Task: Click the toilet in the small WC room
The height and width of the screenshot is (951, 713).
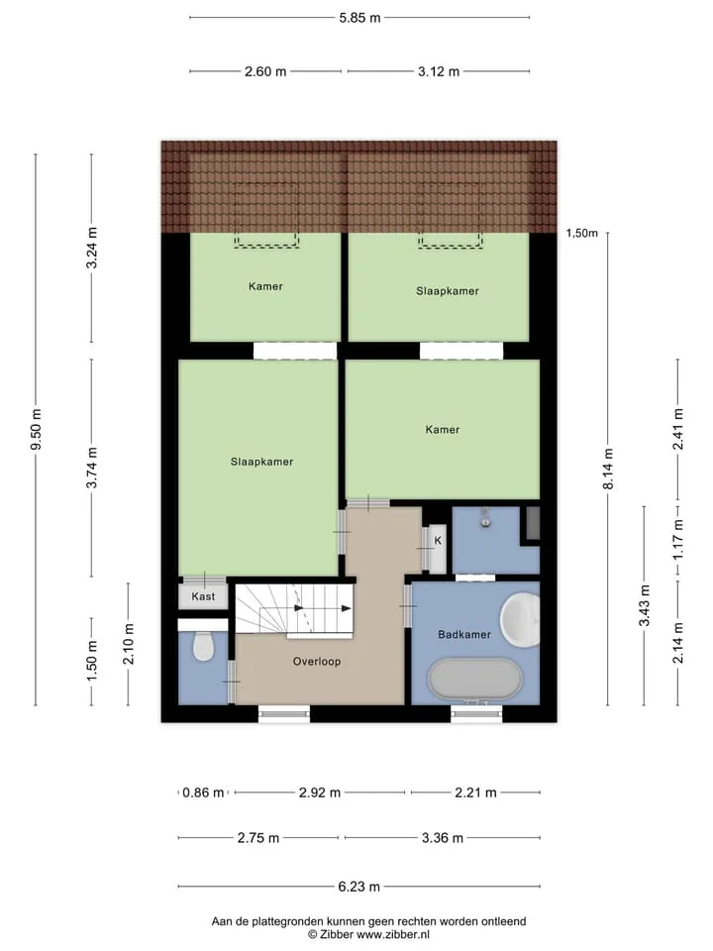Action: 203,646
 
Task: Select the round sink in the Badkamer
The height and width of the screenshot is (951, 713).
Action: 520,618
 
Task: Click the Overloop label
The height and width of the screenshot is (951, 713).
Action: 317,661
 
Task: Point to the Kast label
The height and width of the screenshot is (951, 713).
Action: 203,596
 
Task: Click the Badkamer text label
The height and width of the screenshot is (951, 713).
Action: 464,634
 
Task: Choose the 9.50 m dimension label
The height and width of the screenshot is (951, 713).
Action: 37,429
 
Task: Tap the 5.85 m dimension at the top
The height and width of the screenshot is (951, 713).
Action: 360,18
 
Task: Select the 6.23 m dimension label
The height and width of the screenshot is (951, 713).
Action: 358,887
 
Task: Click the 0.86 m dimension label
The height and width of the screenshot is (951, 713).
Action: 203,792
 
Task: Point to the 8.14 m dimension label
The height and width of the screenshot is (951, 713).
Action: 609,469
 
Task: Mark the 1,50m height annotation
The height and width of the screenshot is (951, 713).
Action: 582,233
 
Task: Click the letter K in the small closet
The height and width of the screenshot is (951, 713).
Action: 438,541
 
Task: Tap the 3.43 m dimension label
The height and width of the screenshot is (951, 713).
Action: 645,605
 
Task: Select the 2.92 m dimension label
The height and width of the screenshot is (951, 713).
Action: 320,792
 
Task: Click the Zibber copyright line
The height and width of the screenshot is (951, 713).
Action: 368,934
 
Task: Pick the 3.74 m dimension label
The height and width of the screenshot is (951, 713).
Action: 91,467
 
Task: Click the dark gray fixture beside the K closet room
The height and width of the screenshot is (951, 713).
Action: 533,523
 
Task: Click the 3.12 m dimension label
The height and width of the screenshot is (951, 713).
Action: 439,71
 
